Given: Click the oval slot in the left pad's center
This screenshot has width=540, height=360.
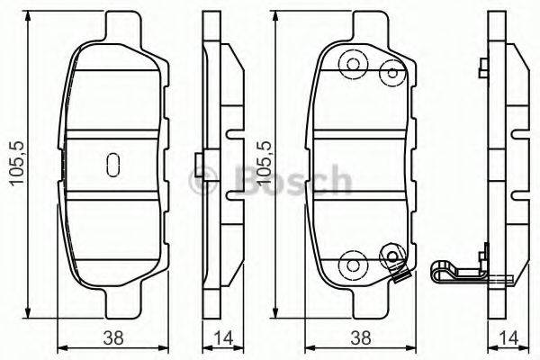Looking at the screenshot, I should click(x=112, y=164).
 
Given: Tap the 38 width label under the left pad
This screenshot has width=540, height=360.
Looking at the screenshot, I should click(x=112, y=339).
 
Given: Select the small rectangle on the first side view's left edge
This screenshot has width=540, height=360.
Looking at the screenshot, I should click(x=200, y=164).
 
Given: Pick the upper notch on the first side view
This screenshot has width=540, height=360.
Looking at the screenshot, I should click(x=236, y=137).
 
